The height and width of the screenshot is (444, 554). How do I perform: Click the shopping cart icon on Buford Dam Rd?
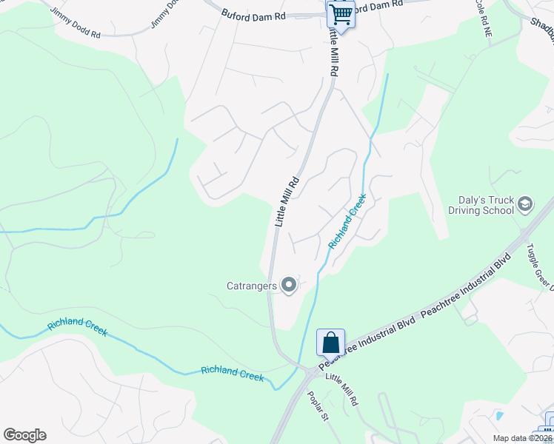[340, 13]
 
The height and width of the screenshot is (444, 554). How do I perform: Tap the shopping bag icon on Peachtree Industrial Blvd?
[330, 343]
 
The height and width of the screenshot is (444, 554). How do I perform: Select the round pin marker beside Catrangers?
[289, 284]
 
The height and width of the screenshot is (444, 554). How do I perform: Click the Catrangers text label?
[252, 285]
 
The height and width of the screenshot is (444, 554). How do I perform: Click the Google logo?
[24, 435]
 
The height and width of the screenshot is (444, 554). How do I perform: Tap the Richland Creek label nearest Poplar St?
[233, 374]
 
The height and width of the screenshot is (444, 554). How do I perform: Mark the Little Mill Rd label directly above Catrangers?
[286, 201]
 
